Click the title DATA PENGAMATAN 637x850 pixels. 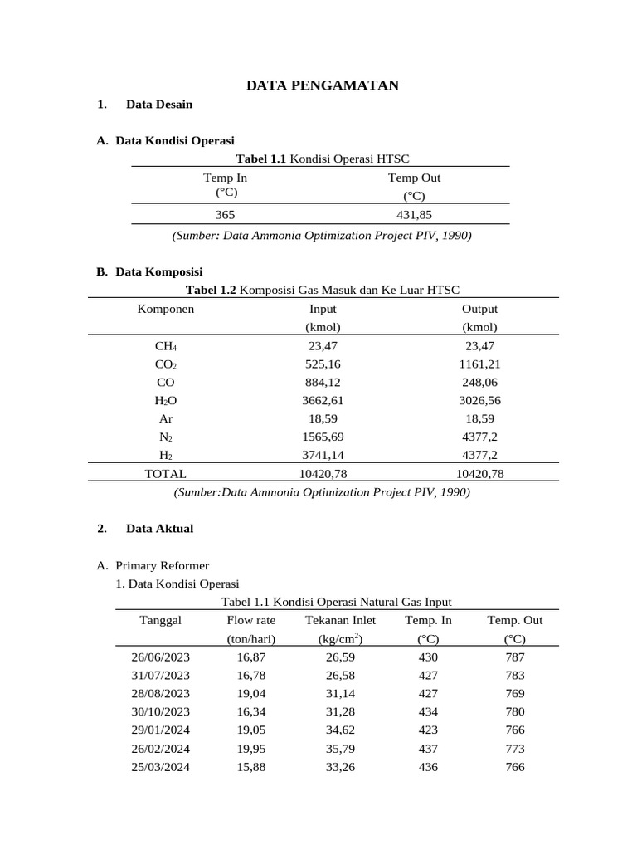click(323, 85)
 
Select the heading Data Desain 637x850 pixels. click(159, 105)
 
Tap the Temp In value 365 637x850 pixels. click(225, 214)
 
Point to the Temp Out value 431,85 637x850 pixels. click(414, 214)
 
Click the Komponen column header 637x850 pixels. click(166, 309)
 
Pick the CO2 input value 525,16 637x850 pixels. click(323, 364)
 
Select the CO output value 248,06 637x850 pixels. click(479, 383)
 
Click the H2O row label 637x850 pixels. click(166, 401)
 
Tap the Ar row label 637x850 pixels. click(166, 419)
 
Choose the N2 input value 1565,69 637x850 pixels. click(323, 437)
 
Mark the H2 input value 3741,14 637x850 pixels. click(323, 456)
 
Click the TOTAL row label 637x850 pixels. click(166, 474)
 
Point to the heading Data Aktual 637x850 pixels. click(159, 529)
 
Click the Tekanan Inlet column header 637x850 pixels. click(340, 620)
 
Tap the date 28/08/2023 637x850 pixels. click(160, 693)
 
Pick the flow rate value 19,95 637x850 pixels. click(251, 749)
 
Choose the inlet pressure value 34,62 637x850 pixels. click(340, 730)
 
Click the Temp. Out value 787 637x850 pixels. click(514, 657)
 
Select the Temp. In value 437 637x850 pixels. click(428, 749)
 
